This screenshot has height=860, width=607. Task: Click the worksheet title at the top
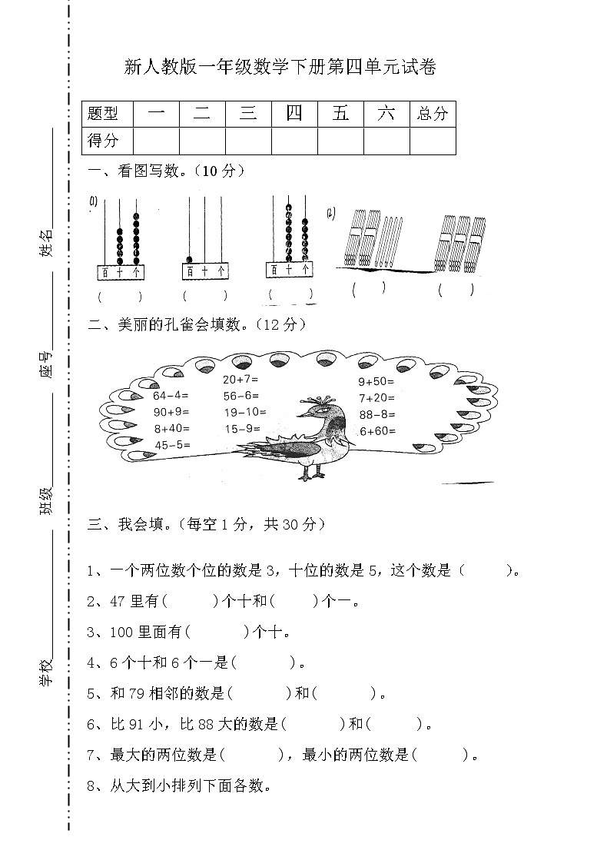[280, 68]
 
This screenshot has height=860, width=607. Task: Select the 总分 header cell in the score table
[432, 114]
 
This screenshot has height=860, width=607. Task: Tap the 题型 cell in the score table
[104, 114]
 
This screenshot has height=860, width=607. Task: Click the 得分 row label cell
[104, 141]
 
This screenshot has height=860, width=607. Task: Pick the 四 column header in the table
[294, 114]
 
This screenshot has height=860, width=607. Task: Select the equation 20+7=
[240, 380]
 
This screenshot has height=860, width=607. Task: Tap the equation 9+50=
[376, 381]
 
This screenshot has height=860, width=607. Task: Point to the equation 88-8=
[376, 415]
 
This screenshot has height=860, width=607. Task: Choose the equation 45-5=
[172, 445]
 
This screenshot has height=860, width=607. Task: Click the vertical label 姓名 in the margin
[46, 242]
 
